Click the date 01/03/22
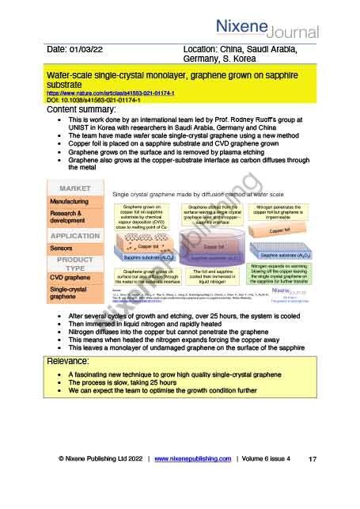75,50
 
